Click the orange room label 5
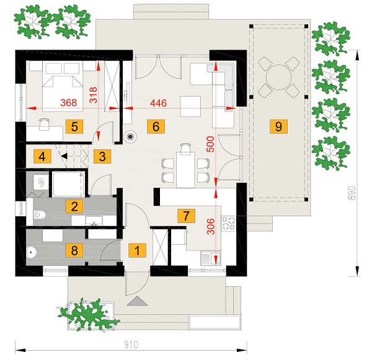[74, 126]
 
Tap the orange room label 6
[156, 126]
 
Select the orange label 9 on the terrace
[278, 126]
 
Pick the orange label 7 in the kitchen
[186, 216]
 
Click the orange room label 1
[137, 250]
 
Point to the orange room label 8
[74, 250]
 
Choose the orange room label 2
[74, 206]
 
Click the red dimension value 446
[159, 103]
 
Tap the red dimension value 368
[69, 102]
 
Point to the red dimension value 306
[211, 227]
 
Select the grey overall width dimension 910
[131, 345]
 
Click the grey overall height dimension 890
[353, 193]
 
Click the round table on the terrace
[278, 77]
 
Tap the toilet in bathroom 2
[40, 215]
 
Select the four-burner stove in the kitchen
[228, 224]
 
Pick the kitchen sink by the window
[210, 258]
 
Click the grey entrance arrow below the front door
[137, 301]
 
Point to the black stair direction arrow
[64, 156]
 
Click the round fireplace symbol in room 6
[130, 136]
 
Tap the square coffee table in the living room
[190, 107]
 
